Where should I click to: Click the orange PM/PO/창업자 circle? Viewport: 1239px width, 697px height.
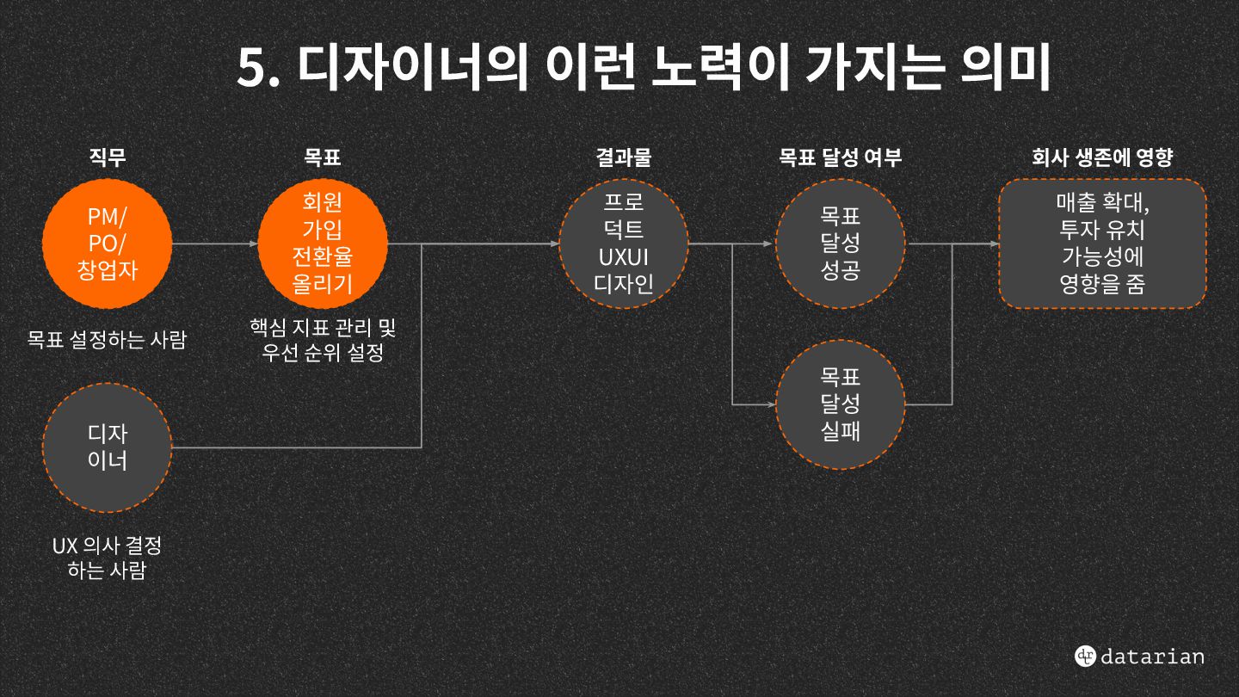pos(108,244)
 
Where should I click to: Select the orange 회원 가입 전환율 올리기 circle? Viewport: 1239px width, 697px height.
pos(323,244)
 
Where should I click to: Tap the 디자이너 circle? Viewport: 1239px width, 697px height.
pos(108,447)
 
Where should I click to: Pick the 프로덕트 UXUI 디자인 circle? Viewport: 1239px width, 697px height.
pos(624,244)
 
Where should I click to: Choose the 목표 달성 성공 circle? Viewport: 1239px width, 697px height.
pos(840,244)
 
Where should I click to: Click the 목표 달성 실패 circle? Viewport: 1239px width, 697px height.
pos(840,404)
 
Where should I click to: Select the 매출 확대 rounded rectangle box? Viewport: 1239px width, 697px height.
pos(1102,244)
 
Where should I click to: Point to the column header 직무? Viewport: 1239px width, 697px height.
pos(108,157)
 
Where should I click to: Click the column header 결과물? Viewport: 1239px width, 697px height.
pos(624,157)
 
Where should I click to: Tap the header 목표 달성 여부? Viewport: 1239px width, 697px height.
pos(840,157)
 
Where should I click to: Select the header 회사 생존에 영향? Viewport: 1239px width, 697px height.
pos(1102,157)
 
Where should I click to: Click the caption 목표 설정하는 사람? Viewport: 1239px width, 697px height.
pos(107,340)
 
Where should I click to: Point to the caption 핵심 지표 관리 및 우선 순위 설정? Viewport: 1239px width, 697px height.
pos(323,340)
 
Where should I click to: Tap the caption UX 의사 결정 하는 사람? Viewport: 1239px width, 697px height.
pos(107,558)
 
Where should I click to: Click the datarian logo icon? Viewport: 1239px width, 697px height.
pos(1085,656)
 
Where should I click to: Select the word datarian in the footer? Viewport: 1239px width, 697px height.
pos(1153,657)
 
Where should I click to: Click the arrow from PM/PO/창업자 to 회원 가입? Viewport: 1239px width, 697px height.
pos(215,244)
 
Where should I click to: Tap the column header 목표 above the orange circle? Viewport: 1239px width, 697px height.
pos(323,157)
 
